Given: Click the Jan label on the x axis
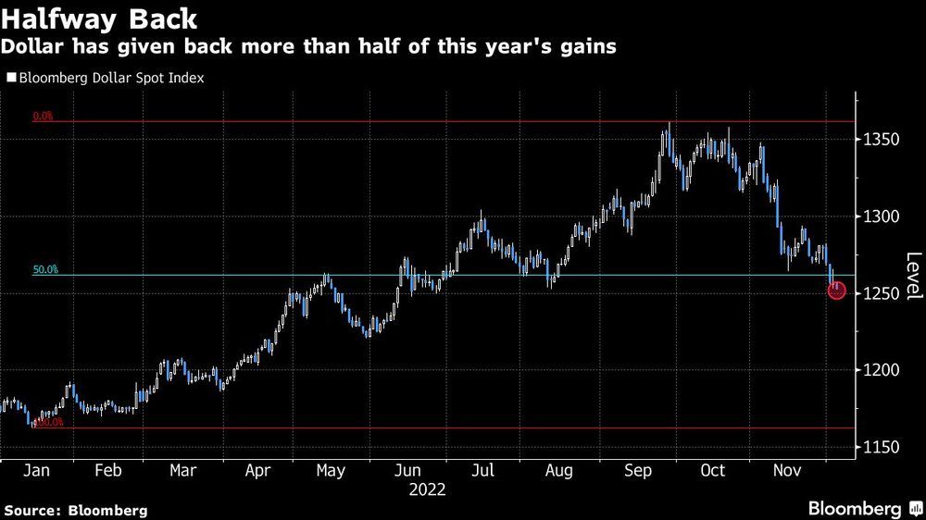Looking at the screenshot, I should tap(36, 470).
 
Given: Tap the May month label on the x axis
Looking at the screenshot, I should tap(331, 470).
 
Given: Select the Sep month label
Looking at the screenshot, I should tap(638, 470).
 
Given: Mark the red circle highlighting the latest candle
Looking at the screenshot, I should tap(836, 291).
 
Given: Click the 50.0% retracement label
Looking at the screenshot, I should tap(45, 270).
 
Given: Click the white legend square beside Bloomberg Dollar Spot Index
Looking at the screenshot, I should tap(10, 79).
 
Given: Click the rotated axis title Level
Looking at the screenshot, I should tap(913, 276).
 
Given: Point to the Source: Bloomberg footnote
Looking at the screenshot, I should tap(76, 510).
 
